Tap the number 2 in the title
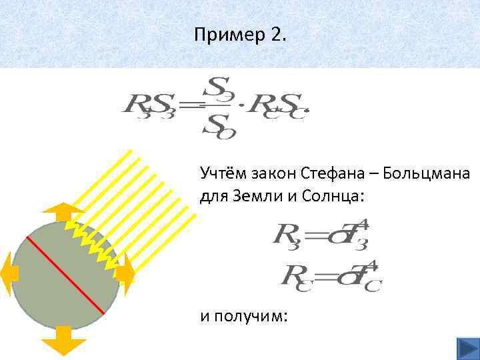pyautogui.click(x=278, y=34)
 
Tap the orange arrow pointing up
pyautogui.click(x=63, y=212)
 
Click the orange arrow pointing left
pyautogui.click(x=9, y=273)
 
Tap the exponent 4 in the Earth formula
pyautogui.click(x=364, y=226)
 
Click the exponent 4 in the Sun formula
pyautogui.click(x=372, y=266)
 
